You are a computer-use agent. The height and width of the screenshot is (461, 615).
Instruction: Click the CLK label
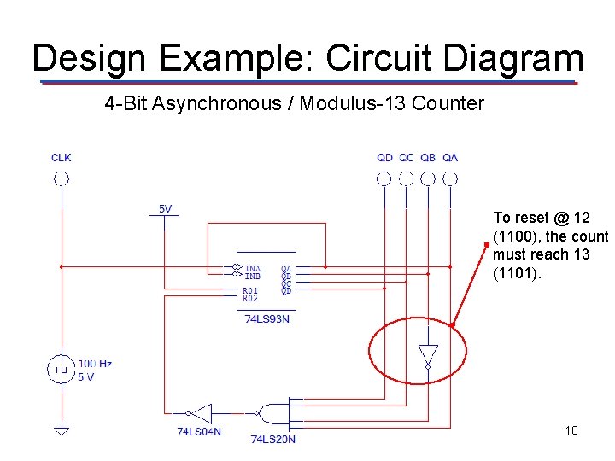61,157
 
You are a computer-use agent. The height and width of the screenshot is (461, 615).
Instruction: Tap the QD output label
384,157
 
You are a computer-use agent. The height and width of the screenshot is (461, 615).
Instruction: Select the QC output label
407,157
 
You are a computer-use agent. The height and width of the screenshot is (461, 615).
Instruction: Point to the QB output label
429,157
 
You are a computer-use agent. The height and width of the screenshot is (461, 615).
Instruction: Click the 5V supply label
165,208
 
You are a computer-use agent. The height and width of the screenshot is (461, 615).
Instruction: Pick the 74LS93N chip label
266,319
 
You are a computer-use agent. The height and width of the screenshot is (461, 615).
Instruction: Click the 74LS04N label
199,432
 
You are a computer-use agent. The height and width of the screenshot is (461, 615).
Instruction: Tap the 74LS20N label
273,439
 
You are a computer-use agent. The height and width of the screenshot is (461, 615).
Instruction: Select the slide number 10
571,429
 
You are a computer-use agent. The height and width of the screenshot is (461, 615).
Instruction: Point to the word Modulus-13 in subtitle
359,104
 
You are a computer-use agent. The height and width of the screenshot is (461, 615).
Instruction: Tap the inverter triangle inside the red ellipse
428,353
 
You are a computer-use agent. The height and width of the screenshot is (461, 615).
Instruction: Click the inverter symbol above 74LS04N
201,411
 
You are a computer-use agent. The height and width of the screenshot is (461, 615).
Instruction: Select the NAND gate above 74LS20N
275,412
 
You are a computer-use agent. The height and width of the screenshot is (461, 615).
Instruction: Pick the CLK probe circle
61,178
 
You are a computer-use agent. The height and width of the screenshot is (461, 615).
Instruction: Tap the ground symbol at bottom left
61,430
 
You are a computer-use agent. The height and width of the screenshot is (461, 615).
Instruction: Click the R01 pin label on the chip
249,291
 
